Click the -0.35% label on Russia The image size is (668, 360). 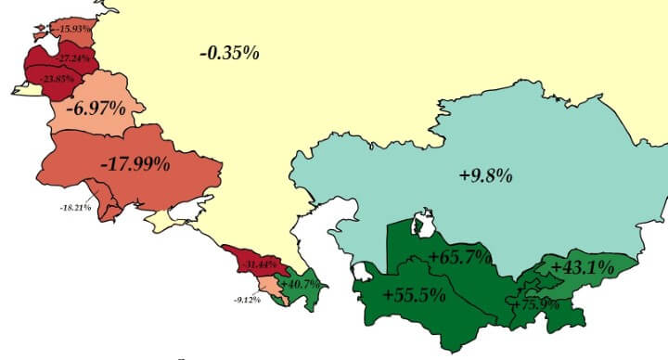coord(229,53)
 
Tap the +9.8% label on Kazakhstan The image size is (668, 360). coord(484,174)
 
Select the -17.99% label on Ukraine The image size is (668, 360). coord(135,165)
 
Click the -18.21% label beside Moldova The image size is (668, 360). coord(74,207)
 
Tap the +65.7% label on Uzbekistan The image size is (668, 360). coord(461,257)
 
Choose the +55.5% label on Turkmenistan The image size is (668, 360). coord(413,297)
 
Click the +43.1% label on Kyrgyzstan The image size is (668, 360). coord(583,267)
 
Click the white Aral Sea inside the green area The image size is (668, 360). coord(425,224)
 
